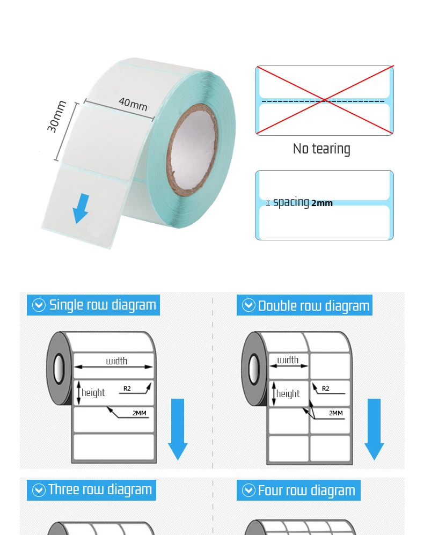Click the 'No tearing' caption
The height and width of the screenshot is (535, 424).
point(321,149)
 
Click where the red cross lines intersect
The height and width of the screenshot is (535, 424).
point(325,100)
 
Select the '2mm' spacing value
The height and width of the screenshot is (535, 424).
point(322,203)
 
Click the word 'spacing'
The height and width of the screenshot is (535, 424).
point(291,202)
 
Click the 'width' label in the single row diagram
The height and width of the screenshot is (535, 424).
point(116,361)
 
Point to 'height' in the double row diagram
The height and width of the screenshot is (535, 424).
point(288,393)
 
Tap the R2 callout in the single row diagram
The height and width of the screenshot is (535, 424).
point(127,388)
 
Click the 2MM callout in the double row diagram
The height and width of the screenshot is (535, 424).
point(336,413)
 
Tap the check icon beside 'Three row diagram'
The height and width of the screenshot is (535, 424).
point(39,489)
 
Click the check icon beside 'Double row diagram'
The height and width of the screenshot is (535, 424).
point(248,305)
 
